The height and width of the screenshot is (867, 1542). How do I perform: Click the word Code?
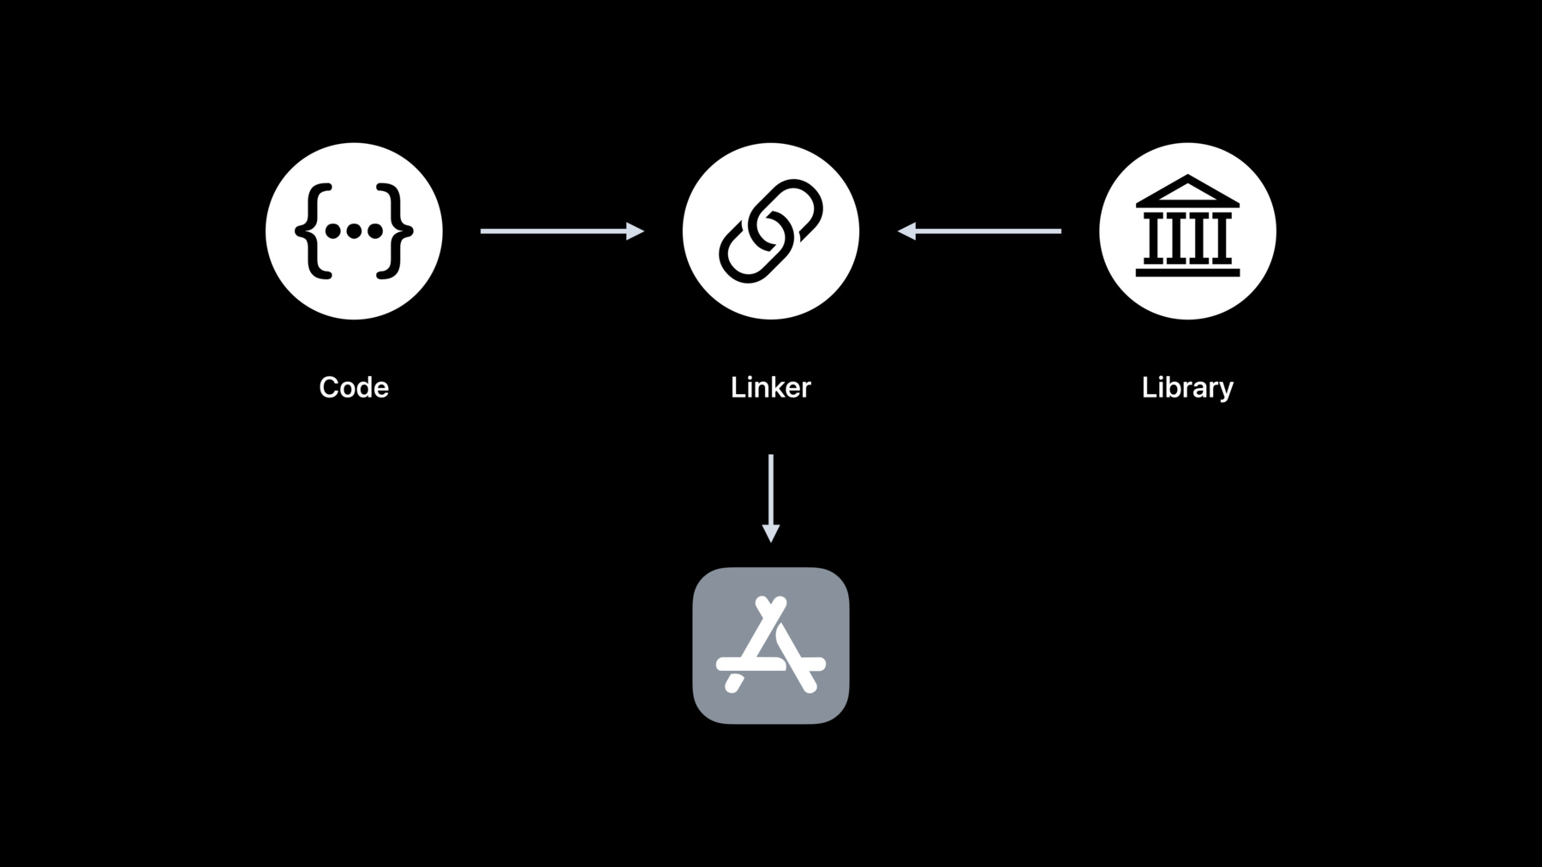point(354,387)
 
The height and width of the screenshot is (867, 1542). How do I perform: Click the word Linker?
point(770,387)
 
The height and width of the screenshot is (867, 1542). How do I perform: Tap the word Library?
point(1187,388)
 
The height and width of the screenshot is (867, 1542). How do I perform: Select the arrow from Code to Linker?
point(562,230)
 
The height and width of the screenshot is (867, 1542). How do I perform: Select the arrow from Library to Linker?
point(979,230)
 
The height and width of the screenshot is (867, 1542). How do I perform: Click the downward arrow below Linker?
point(771,498)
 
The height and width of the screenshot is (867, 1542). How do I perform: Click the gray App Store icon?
point(771,645)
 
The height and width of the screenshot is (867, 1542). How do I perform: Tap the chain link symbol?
point(771,230)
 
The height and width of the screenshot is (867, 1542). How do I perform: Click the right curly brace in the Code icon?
point(394,230)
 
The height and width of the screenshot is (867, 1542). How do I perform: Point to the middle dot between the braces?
point(354,230)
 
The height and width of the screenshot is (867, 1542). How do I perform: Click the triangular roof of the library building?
point(1187,191)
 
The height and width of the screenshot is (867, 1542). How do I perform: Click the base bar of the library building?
point(1187,272)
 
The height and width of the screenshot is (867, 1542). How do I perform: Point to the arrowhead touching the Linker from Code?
point(635,230)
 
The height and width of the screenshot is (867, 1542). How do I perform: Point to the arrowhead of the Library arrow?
point(906,230)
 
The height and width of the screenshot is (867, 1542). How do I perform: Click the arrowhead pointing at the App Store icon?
point(771,533)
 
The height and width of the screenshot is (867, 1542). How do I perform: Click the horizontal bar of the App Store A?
point(771,664)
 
